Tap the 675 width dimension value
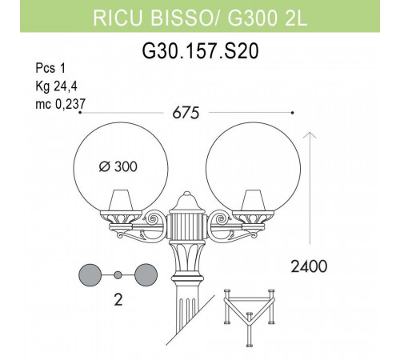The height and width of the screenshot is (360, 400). [x=186, y=113]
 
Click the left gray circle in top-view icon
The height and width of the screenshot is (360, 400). [x=90, y=274]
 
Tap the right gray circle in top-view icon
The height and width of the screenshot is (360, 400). [x=146, y=274]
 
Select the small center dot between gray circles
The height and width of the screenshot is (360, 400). [x=118, y=274]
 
